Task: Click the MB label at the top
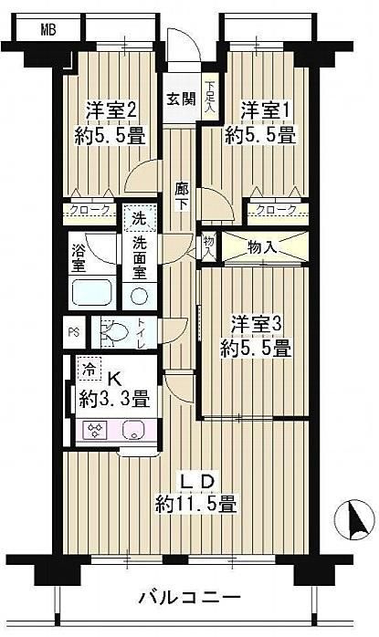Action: [48, 29]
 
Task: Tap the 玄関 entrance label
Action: [181, 99]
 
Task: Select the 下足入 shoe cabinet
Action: [210, 97]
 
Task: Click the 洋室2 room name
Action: [111, 110]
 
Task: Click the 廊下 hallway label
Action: [182, 196]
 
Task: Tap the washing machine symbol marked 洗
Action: [139, 218]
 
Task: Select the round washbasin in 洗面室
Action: [139, 296]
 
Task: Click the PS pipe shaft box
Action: [74, 332]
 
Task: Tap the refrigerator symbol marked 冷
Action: [89, 370]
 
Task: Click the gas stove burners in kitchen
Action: [96, 430]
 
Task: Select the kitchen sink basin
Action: [132, 430]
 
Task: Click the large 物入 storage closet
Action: [264, 248]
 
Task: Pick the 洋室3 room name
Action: [257, 325]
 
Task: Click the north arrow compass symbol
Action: [354, 519]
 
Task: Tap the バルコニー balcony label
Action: [190, 598]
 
